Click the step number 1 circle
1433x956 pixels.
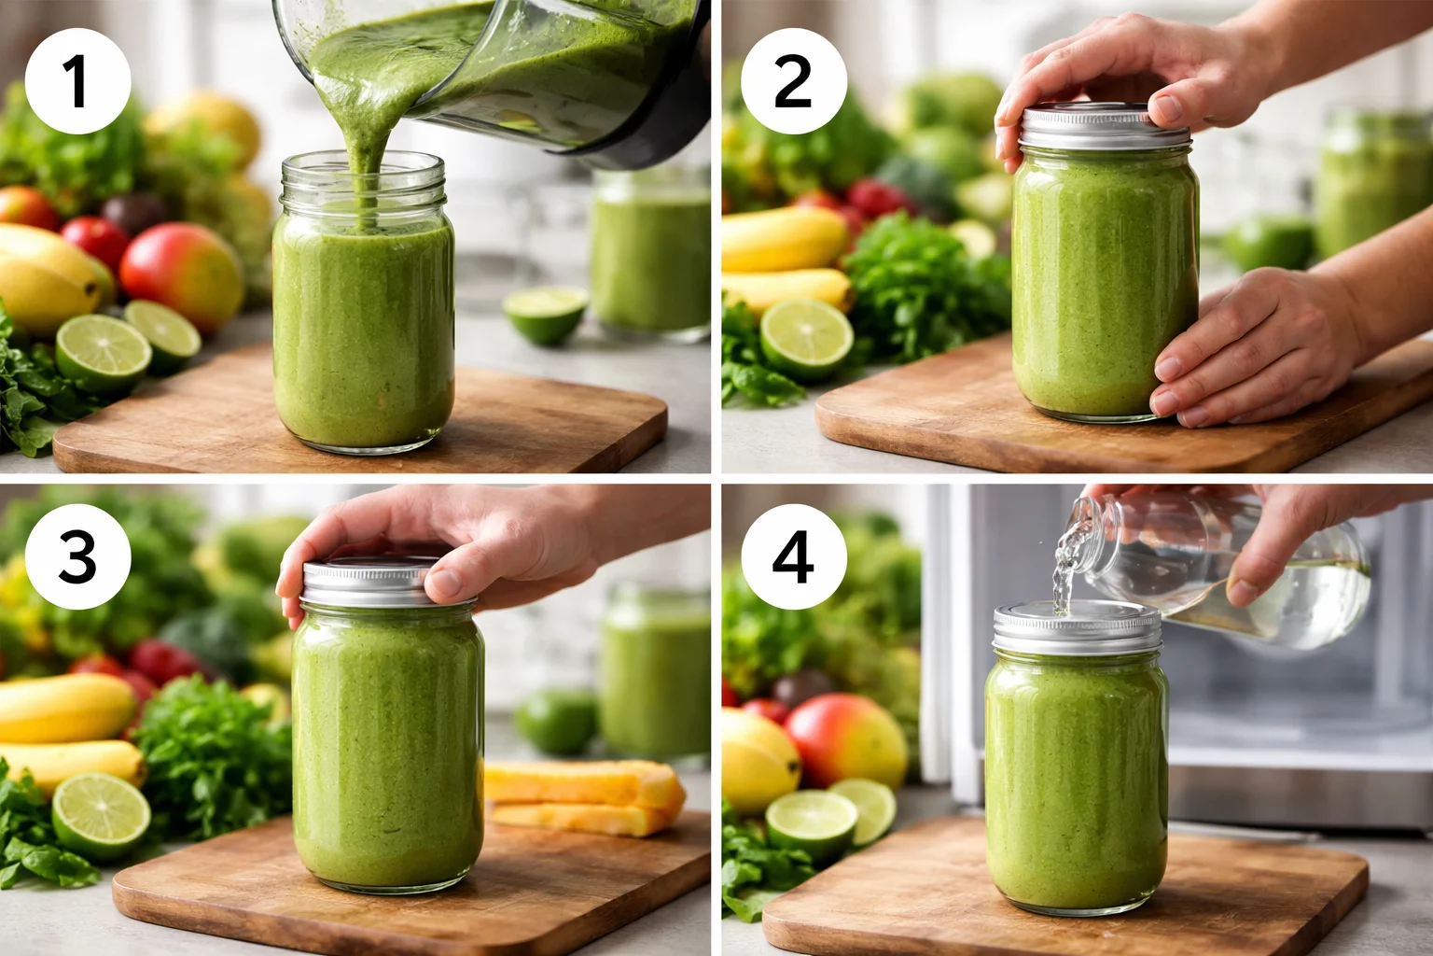[x=77, y=81]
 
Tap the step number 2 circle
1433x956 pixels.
[x=794, y=81]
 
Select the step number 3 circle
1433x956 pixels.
[x=77, y=557]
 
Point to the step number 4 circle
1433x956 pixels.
[x=794, y=557]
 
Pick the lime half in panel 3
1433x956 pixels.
[x=100, y=817]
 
